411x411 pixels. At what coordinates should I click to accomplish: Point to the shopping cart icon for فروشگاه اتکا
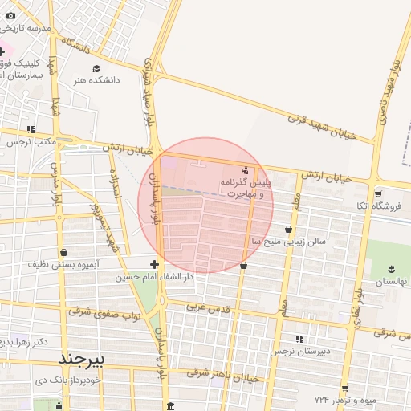(x=378, y=193)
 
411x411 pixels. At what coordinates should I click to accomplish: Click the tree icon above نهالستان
(x=392, y=269)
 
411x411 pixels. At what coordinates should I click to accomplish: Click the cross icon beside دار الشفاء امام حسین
(x=154, y=264)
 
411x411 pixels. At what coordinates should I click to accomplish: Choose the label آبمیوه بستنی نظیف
(x=63, y=264)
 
